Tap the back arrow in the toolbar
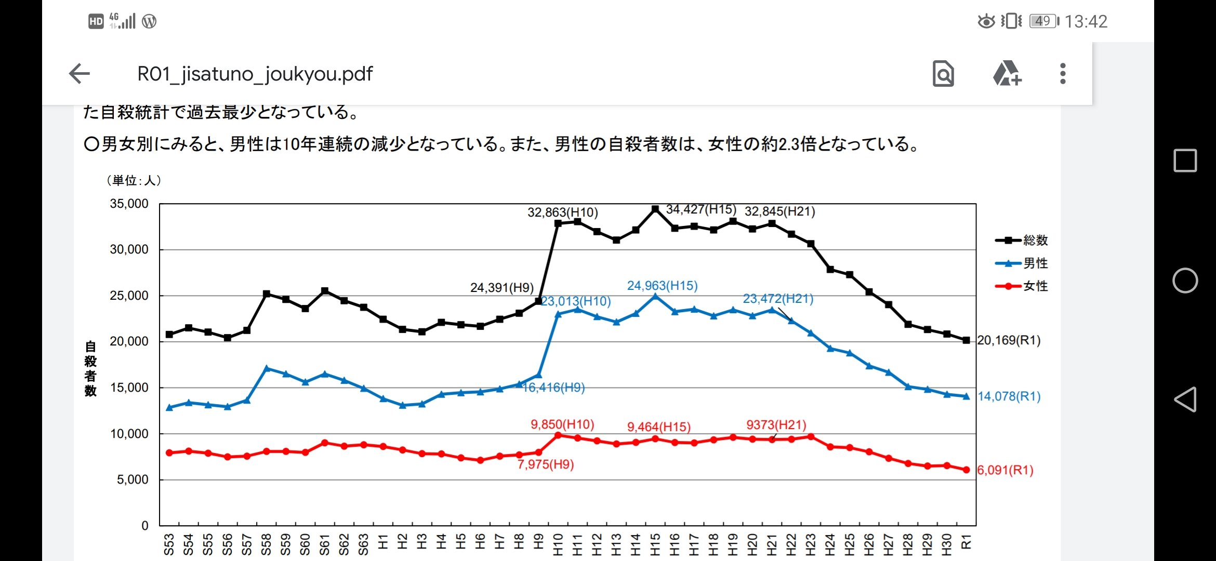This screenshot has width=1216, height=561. [80, 74]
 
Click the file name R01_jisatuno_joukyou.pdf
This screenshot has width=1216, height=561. [255, 74]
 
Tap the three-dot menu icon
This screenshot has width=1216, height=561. [1063, 74]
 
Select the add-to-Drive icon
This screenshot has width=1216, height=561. [1007, 74]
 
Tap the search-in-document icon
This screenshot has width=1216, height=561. [943, 74]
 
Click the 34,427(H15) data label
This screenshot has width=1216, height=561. [701, 209]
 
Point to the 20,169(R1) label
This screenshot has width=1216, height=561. [1009, 340]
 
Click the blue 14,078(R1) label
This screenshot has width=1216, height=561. [1009, 396]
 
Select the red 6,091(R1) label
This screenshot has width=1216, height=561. [1005, 470]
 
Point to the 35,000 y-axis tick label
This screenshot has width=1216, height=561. [129, 204]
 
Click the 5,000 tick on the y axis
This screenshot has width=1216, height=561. [133, 479]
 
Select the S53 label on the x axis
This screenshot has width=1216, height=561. [169, 544]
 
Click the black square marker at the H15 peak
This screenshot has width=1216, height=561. [655, 209]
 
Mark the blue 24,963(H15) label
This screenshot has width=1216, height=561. [662, 286]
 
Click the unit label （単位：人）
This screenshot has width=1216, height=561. [134, 180]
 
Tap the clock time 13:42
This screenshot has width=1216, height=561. [1086, 21]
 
